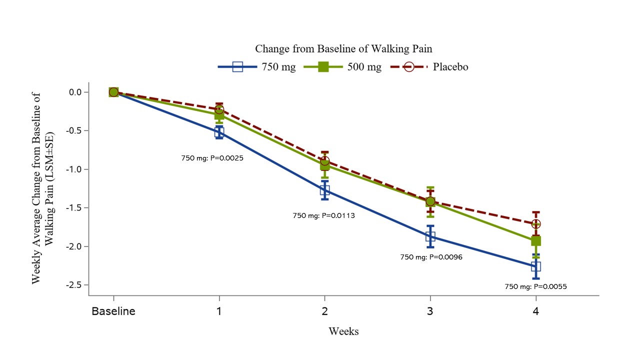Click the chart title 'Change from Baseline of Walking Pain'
click(343, 48)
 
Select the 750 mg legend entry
click(256, 66)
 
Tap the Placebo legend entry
click(429, 66)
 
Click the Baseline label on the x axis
click(113, 311)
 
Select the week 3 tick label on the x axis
click(430, 311)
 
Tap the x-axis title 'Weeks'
click(343, 331)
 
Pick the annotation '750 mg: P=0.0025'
click(212, 158)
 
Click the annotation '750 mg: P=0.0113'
click(323, 216)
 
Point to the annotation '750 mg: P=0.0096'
click(431, 257)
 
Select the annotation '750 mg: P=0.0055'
click(535, 287)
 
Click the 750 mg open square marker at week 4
click(536, 266)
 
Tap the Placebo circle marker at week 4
click(536, 223)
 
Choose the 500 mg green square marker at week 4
click(536, 241)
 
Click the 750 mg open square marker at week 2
click(325, 190)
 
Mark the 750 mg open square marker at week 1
click(219, 132)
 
